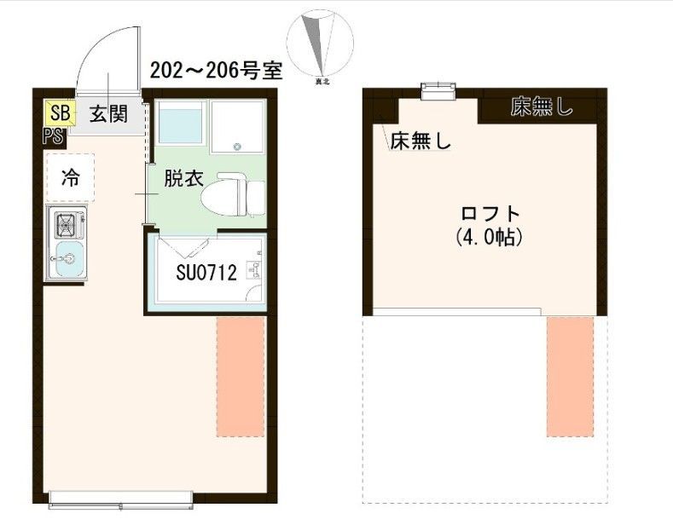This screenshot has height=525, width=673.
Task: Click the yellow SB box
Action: [x=60, y=112]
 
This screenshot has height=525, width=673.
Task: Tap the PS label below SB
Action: [x=53, y=135]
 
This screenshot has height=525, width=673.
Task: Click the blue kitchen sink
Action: [x=67, y=259]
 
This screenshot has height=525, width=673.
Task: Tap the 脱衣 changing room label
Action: [x=183, y=179]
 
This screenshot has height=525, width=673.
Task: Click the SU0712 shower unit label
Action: [x=206, y=274]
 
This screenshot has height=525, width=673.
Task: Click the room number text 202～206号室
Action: [x=215, y=70]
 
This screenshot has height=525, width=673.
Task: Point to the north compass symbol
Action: [x=321, y=47]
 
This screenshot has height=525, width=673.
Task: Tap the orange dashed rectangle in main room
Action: [x=241, y=376]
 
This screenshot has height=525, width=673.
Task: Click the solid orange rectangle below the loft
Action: [x=569, y=376]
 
